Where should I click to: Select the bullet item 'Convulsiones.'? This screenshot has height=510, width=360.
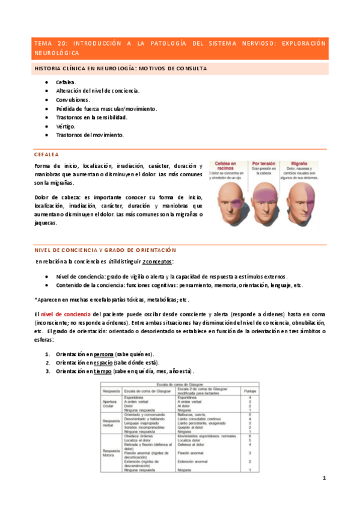pyautogui.click(x=73, y=99)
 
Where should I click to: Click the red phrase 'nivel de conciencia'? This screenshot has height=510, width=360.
pyautogui.click(x=66, y=314)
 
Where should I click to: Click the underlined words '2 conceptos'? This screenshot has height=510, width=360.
pyautogui.click(x=157, y=262)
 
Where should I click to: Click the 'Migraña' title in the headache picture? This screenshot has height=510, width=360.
pyautogui.click(x=302, y=164)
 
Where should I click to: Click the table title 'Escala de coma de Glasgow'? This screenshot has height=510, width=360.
pyautogui.click(x=180, y=384)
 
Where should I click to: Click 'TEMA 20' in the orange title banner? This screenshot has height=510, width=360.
pyautogui.click(x=44, y=43)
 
